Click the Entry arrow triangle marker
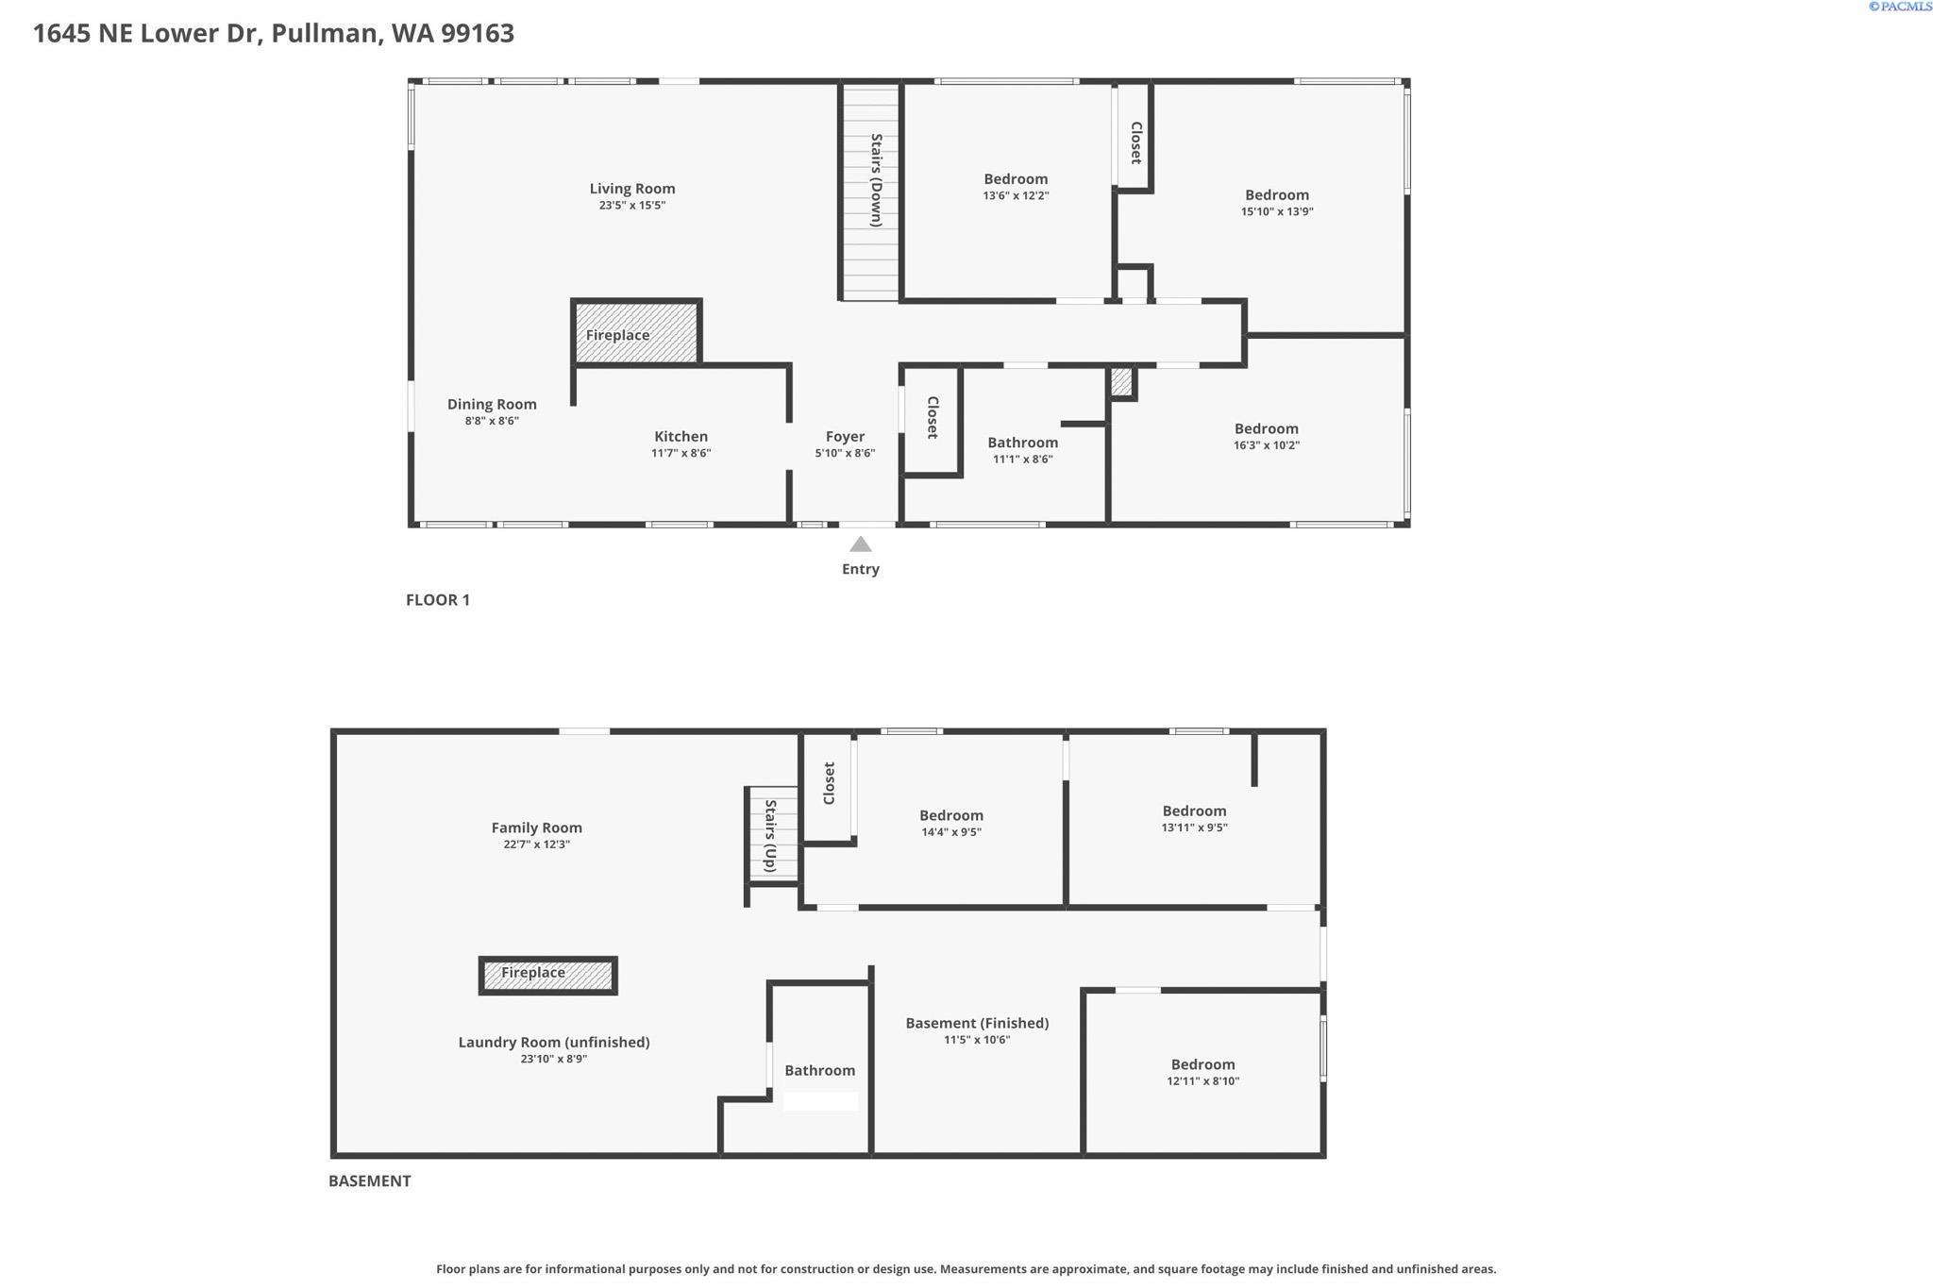tap(860, 544)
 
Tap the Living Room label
tap(631, 189)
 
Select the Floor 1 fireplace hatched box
tap(636, 333)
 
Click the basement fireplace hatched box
tap(548, 975)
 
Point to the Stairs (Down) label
tap(876, 180)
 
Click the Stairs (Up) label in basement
tap(770, 836)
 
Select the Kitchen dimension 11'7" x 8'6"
tap(681, 453)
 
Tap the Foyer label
tap(845, 436)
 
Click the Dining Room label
tap(492, 404)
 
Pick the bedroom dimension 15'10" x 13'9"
tap(1276, 211)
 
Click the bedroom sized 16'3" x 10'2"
tap(1266, 436)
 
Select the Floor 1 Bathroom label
tap(1022, 443)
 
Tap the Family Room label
tap(536, 828)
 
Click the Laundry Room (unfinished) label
tap(554, 1042)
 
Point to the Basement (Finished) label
tap(977, 1023)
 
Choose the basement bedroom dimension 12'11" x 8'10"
tap(1202, 1081)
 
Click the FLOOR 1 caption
tap(437, 600)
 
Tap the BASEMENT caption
tap(369, 1181)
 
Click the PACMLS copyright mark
tap(1900, 7)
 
